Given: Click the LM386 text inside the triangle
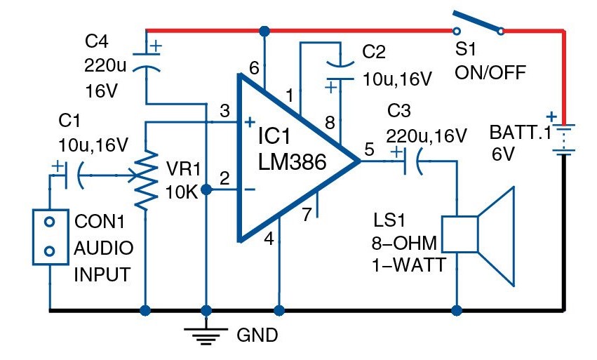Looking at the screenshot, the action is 292,161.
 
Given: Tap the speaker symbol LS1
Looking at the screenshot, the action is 478,236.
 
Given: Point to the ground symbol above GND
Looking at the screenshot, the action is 206,335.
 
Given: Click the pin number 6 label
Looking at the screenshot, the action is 254,68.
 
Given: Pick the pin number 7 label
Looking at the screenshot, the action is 307,215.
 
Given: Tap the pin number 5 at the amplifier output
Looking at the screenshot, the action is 369,149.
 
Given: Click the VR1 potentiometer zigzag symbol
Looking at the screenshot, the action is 146,180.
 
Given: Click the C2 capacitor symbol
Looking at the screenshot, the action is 340,72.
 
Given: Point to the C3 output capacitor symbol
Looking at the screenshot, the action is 411,161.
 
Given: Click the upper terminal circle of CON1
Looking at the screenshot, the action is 50,222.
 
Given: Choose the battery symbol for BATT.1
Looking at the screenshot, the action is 563,139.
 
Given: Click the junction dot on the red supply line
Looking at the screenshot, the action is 264,31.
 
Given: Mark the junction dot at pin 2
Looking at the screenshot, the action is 206,189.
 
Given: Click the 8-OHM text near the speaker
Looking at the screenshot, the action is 404,243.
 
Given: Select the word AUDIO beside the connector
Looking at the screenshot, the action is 104,248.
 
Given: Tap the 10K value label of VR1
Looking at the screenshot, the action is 182,193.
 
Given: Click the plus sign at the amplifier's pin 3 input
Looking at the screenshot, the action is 249,122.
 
